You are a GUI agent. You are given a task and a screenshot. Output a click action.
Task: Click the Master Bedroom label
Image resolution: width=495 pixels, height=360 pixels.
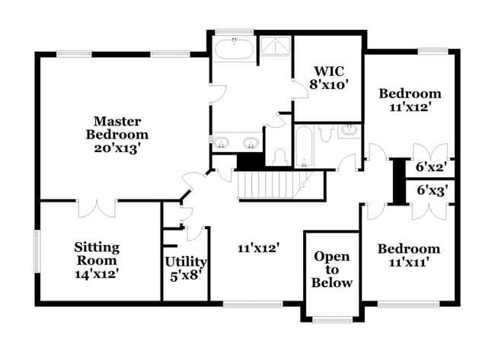(x=117, y=135)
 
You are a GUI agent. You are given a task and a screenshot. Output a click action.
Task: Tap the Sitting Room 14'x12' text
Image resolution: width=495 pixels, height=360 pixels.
(x=96, y=260)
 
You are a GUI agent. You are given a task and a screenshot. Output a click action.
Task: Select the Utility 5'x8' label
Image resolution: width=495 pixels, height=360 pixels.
(x=187, y=268)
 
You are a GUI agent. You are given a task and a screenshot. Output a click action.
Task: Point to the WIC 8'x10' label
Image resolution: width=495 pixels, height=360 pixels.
(x=329, y=78)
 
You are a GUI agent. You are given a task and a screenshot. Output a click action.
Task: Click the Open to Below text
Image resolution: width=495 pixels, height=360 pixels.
(x=332, y=269)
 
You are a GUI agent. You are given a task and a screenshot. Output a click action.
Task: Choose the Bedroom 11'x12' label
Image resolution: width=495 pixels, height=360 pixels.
(x=410, y=100)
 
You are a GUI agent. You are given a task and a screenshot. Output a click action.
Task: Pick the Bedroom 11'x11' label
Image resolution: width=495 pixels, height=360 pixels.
(x=409, y=256)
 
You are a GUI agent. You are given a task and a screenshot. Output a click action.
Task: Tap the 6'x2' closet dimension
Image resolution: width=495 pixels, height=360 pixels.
(x=431, y=167)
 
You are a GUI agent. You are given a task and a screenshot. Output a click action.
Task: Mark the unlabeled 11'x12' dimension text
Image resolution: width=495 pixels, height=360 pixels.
(x=260, y=247)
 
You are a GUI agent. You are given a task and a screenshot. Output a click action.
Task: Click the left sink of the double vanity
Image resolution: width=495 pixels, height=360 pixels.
(x=222, y=142)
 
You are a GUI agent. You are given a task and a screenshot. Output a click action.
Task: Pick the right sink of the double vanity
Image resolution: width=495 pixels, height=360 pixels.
(x=251, y=142)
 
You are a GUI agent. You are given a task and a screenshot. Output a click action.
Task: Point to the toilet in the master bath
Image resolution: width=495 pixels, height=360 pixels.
(x=279, y=156)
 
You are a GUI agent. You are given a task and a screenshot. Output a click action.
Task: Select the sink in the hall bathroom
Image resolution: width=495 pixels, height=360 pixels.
(x=350, y=131)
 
